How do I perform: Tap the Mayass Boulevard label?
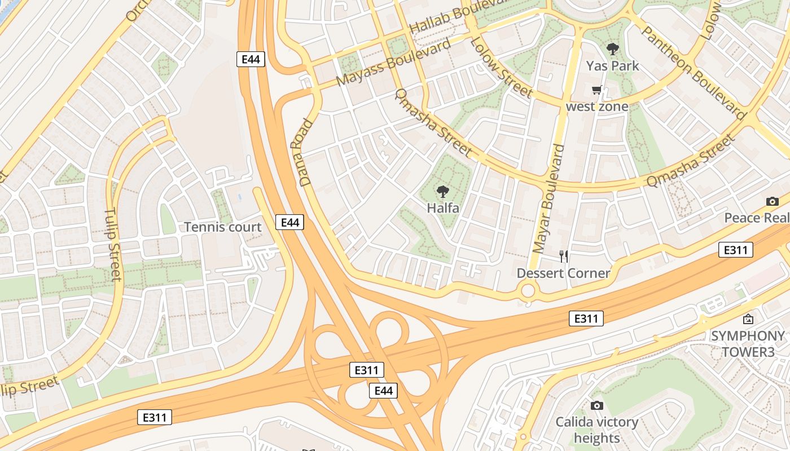point(393,62)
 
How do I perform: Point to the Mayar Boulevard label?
point(548,199)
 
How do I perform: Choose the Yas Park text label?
point(612,66)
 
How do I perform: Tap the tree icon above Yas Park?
point(612,49)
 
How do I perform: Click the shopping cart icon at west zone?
point(597,90)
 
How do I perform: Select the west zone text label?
point(597,107)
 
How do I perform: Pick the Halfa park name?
point(443,208)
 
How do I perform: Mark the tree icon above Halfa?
point(443,191)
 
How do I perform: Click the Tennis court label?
point(223,227)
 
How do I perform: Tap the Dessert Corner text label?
point(564,273)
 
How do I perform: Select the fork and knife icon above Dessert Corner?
point(564,257)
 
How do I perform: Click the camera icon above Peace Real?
point(773,201)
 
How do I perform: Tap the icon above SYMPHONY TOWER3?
point(748,320)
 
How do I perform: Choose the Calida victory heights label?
point(597,430)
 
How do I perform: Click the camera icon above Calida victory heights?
point(597,405)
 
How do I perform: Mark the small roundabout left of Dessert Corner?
point(528,291)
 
